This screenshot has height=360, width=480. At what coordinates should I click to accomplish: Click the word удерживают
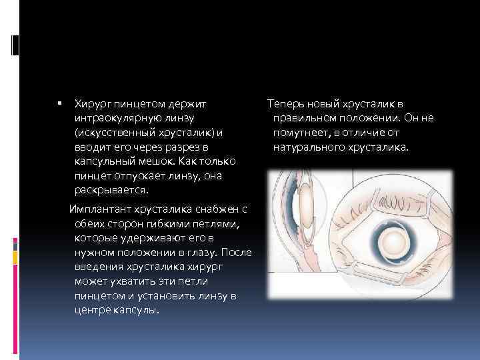(x=156, y=237)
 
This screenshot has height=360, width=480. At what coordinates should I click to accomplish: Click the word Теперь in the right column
(x=285, y=103)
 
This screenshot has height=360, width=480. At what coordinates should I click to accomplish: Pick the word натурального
(x=307, y=147)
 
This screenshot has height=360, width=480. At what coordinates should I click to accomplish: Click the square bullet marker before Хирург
(x=59, y=104)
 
